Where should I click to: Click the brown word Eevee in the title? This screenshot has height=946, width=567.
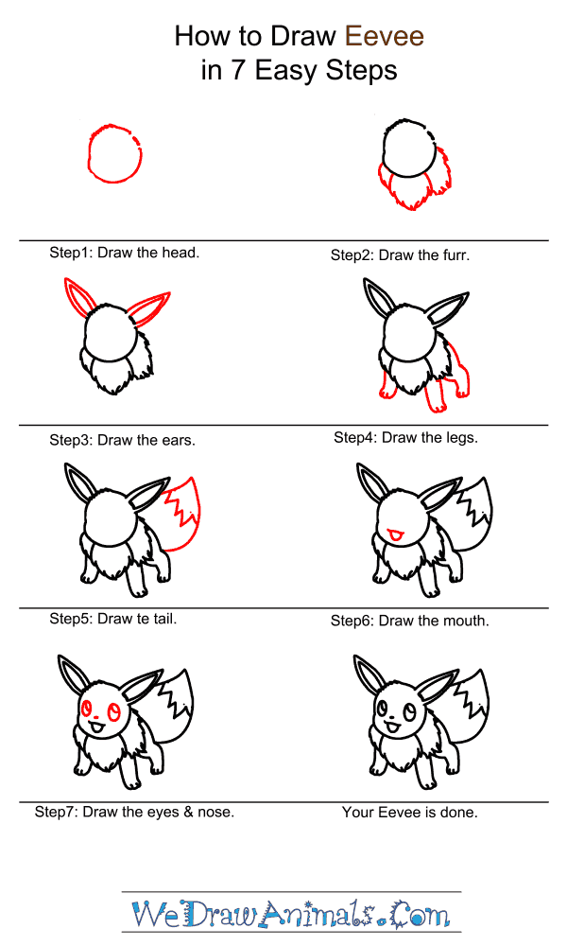385,36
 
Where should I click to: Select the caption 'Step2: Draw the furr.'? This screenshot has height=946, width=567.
400,255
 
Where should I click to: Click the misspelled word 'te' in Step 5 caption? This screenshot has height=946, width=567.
144,619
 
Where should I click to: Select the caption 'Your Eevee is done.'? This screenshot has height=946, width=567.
410,813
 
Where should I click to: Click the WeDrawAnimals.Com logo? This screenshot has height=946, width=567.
291,914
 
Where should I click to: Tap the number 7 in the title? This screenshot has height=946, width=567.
237,71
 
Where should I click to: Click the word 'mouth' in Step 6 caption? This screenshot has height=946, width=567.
465,621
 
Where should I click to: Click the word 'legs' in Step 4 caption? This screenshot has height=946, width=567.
461,438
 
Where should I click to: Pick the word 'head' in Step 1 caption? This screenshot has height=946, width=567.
180,253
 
